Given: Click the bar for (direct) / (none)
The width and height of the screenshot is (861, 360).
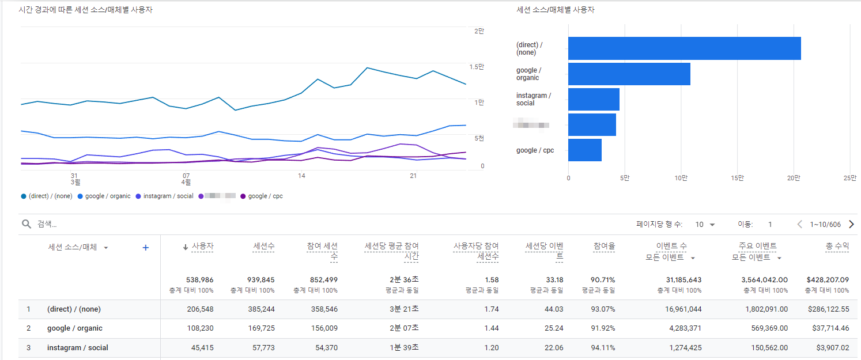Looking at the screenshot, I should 684,48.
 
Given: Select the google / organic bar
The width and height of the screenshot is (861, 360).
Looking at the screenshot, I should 629,74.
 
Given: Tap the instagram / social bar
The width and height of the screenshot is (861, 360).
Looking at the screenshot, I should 594,99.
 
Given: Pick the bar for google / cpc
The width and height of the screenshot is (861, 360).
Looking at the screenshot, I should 584,150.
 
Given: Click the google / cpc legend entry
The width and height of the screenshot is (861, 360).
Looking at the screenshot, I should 265,196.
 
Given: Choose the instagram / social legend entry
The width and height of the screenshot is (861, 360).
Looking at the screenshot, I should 168,196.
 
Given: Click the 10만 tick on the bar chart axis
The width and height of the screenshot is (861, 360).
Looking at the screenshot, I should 681,178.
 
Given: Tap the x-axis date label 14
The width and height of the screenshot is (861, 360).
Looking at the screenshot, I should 301,175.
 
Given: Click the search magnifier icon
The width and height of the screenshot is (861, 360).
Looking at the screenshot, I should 27,224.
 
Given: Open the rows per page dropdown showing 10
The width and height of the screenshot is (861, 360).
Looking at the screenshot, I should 705,224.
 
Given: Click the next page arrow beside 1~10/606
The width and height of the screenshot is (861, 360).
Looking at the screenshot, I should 851,224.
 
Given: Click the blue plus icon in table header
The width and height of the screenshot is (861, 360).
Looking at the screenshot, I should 145,247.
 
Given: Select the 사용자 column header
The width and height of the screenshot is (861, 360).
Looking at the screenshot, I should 202,247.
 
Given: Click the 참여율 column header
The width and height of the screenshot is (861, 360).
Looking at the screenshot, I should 604,247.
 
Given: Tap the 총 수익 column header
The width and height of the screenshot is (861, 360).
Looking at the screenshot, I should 837,247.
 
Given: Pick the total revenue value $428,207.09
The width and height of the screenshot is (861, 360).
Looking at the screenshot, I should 828,280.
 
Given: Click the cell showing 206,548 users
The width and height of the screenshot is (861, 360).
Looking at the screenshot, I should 200,309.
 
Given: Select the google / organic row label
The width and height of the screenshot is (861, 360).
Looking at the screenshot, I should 75,328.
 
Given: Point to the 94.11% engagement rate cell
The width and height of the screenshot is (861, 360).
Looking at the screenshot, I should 603,348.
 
